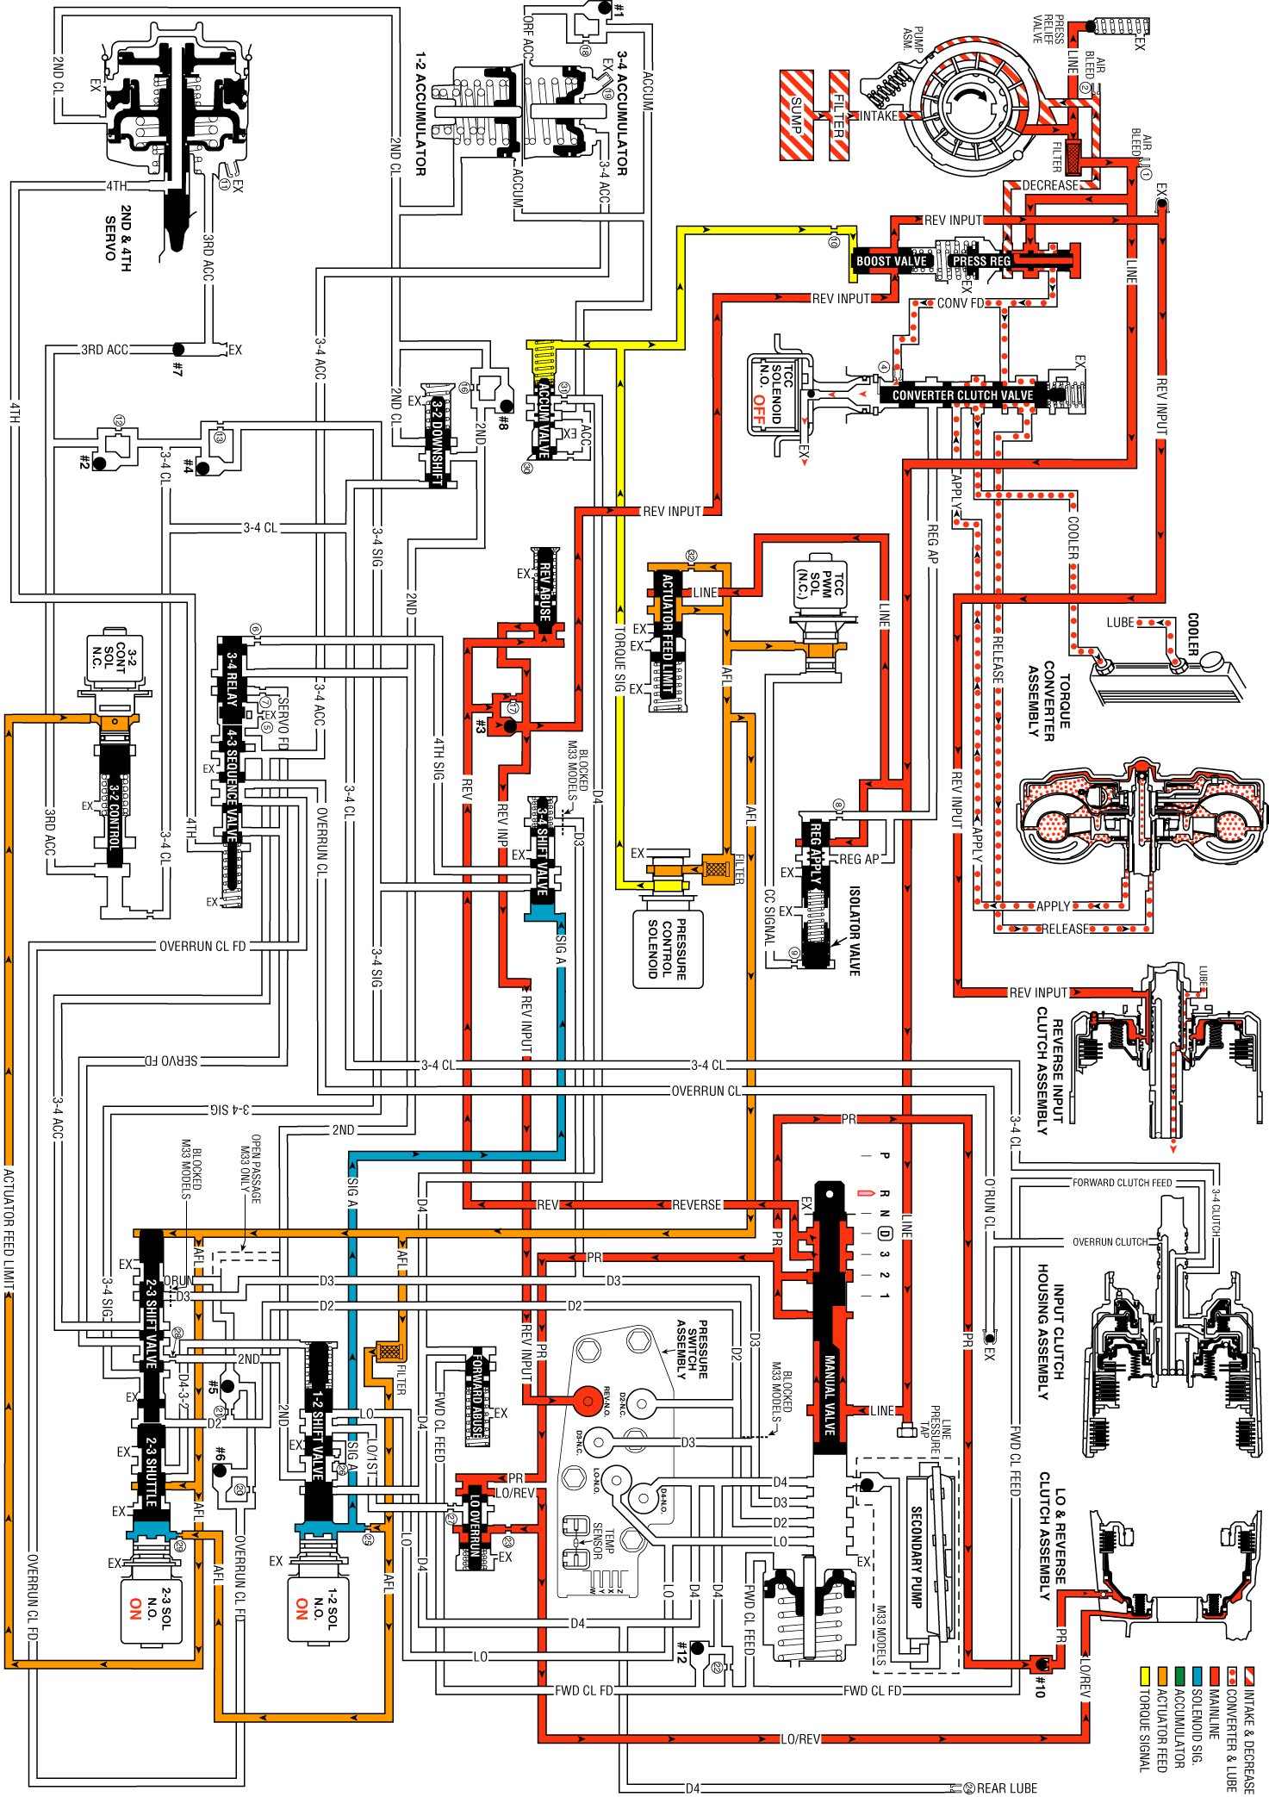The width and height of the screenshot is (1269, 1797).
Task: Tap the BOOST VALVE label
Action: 891,261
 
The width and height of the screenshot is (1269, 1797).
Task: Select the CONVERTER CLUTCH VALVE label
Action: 962,395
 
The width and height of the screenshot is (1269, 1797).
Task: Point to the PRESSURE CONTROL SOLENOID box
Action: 668,948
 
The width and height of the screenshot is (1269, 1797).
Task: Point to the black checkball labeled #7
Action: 178,350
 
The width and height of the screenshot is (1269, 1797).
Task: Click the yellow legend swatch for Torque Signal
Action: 1145,1675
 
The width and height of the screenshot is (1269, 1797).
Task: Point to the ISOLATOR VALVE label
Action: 854,930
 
